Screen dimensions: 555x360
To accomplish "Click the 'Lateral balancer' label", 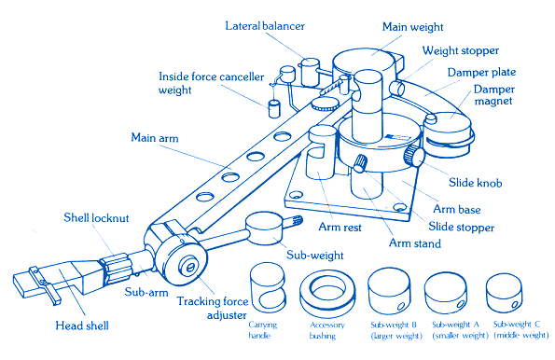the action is click(x=265, y=26).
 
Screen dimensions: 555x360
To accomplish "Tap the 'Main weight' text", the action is click(x=412, y=27).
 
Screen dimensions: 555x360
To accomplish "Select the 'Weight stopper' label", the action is click(x=461, y=51).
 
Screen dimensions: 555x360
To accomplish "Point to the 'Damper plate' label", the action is click(x=481, y=73).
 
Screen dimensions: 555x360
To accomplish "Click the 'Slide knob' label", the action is click(x=476, y=183).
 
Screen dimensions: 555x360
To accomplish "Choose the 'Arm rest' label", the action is click(x=340, y=227).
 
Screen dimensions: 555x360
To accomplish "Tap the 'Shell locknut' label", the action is click(x=96, y=217).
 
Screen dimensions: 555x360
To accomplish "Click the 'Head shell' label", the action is click(x=82, y=325).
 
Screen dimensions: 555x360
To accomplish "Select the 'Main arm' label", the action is click(x=155, y=138).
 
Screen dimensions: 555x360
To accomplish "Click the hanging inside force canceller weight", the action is click(x=273, y=109).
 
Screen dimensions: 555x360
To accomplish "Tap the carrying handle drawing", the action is click(x=267, y=288).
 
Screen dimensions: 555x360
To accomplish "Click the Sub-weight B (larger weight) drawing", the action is click(x=389, y=291).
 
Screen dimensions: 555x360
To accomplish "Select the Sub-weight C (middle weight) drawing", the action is click(x=504, y=292).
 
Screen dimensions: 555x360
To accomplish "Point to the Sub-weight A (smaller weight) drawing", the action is click(x=446, y=292).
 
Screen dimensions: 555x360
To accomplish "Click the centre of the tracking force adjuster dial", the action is click(x=190, y=268).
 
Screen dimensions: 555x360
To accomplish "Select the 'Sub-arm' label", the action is click(x=146, y=293).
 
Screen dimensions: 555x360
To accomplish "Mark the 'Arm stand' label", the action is click(x=415, y=243).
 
